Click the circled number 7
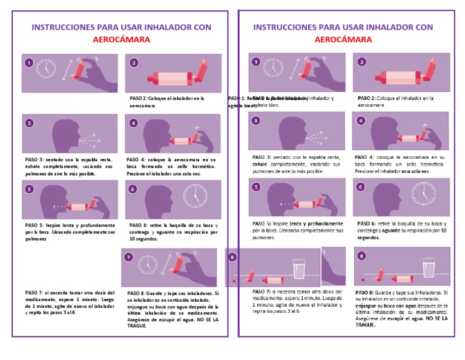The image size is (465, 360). pyautogui.click(x=128, y=257)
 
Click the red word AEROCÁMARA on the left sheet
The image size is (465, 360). pyautogui.click(x=121, y=39)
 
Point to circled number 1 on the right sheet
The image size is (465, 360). pyautogui.click(x=257, y=62)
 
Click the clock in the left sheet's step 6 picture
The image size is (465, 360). pyautogui.click(x=195, y=195)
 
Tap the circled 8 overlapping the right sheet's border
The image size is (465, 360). pyautogui.click(x=232, y=256)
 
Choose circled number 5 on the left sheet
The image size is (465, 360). pyautogui.click(x=28, y=189)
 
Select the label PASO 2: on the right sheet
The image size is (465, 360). pyautogui.click(x=368, y=98)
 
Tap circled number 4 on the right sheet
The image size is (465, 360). pyautogui.click(x=361, y=120)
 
